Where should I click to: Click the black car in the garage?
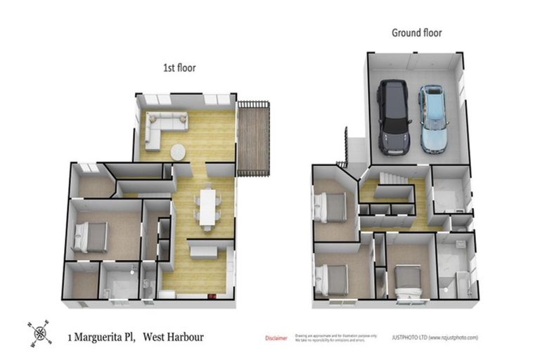[392, 117]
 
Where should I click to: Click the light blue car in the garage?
[434, 119]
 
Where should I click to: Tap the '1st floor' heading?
[179, 68]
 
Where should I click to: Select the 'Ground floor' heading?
[416, 33]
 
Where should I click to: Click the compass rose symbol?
[41, 333]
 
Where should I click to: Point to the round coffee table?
[179, 152]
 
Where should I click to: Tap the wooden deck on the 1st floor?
[254, 138]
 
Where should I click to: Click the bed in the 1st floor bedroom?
[91, 236]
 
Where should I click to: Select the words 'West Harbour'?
[173, 337]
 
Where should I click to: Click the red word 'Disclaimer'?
[276, 338]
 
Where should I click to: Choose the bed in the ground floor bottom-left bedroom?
[333, 280]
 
